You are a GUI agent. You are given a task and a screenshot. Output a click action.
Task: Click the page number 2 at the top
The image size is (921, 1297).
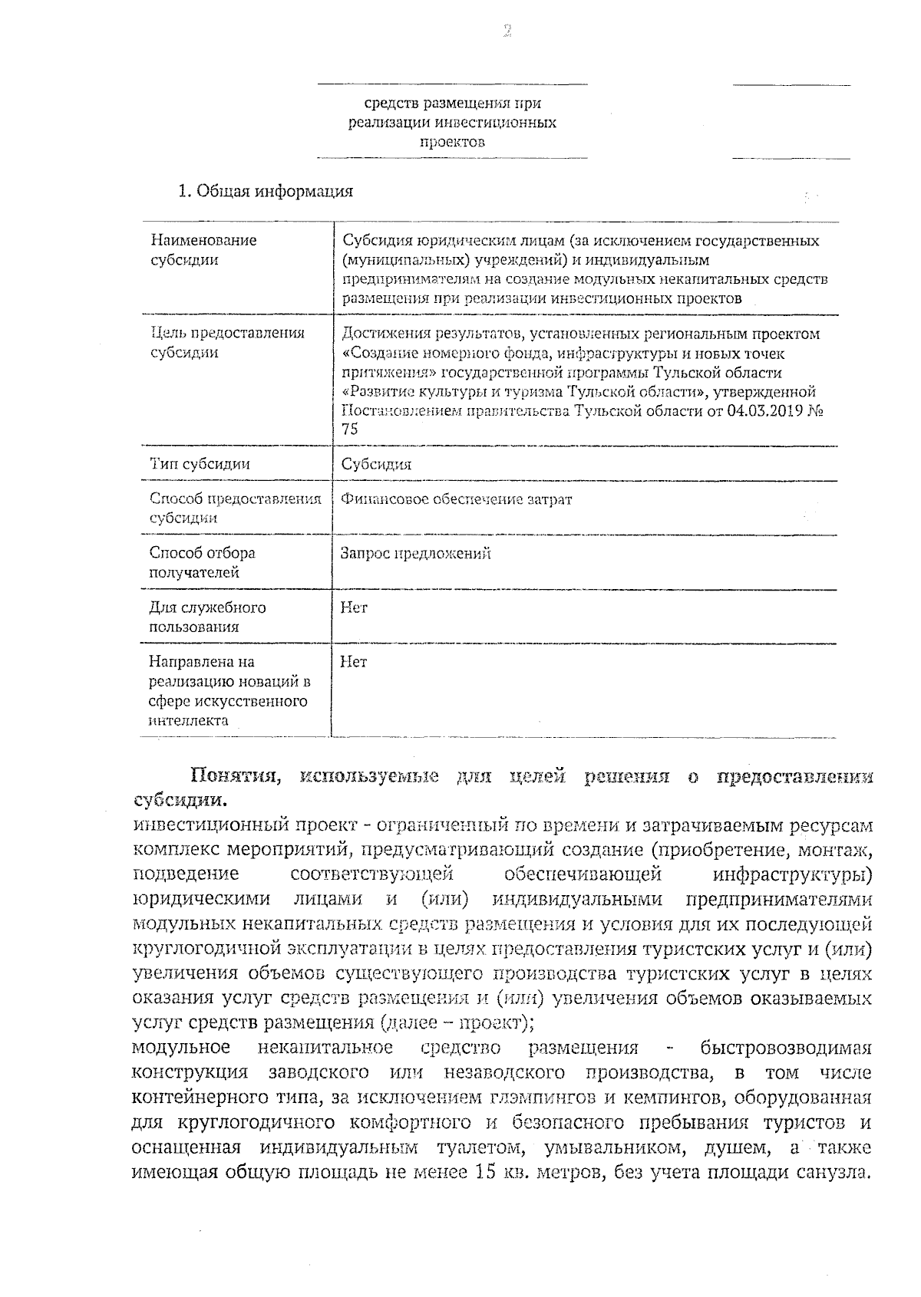[x=507, y=31]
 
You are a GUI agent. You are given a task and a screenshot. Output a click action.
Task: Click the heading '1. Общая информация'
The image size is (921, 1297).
[x=265, y=192]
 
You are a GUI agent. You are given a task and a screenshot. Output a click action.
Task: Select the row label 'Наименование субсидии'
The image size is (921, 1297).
[x=203, y=250]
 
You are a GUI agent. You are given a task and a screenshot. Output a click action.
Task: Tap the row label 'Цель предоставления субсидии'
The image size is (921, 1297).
[x=226, y=343]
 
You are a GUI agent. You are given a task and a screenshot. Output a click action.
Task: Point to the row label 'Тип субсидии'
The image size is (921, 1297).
[x=200, y=464]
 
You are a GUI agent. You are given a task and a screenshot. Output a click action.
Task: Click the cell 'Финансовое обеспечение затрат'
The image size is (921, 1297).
[x=457, y=499]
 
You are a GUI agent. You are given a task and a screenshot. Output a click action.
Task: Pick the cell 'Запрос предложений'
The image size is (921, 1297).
[x=415, y=553]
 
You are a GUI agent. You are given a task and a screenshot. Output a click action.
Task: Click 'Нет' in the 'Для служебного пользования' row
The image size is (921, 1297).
[x=354, y=607]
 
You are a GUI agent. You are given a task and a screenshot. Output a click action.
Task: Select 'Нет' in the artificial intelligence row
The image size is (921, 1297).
[x=354, y=662]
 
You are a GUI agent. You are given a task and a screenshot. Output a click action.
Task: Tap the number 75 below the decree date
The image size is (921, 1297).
[x=349, y=430]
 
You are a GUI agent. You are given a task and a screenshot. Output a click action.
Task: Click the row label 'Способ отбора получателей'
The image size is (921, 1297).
[x=202, y=562]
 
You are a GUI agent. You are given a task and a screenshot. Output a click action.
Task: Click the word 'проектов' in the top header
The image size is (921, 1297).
[x=452, y=142]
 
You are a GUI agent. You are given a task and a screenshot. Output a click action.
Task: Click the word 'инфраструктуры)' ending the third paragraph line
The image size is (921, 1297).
[x=792, y=874]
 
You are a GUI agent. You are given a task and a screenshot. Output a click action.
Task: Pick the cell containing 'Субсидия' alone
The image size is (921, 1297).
[x=376, y=464]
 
